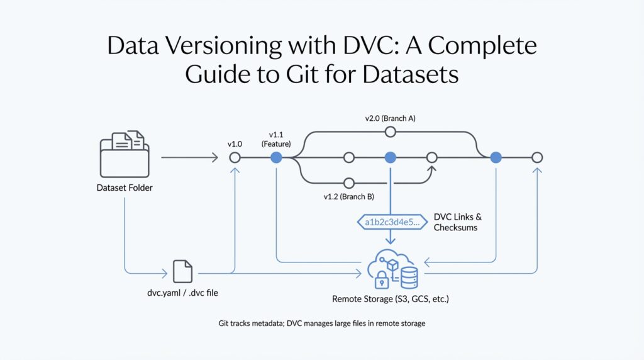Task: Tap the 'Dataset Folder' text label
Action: tap(125, 188)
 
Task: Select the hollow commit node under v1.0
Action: tap(235, 157)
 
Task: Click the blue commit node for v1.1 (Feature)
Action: tap(275, 157)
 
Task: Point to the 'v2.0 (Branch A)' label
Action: tap(390, 118)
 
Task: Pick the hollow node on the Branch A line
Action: tap(390, 132)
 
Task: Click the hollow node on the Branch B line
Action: tap(349, 183)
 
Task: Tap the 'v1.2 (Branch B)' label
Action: tap(349, 197)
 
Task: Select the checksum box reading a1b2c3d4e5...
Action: tap(390, 222)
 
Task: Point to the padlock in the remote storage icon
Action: tap(382, 280)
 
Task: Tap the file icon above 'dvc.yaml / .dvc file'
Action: tap(182, 271)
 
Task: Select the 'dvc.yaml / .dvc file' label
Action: tap(182, 293)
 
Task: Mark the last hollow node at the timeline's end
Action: tap(536, 157)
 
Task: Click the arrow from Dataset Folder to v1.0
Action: tap(189, 157)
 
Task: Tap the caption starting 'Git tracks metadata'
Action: tap(322, 323)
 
